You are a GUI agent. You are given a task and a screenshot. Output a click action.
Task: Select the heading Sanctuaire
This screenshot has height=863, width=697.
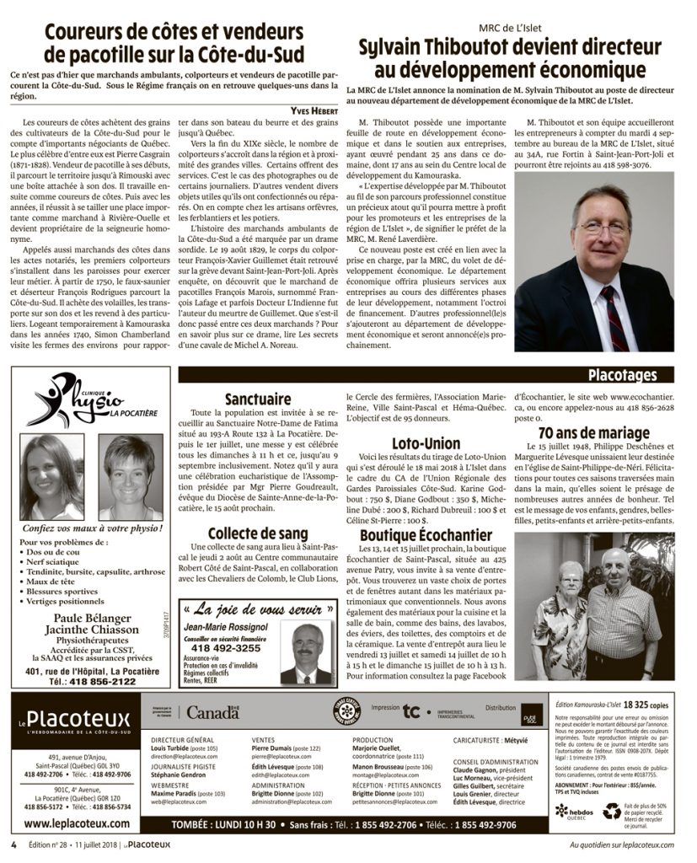coord(258,399)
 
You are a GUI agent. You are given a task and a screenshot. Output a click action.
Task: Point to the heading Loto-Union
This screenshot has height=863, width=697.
coord(426,443)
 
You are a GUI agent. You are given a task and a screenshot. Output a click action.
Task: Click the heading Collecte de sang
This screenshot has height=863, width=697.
coord(259,534)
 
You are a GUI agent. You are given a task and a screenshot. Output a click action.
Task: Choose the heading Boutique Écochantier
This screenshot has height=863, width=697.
coord(426,535)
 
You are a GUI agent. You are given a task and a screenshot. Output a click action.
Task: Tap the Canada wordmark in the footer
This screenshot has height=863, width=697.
coord(213,713)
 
